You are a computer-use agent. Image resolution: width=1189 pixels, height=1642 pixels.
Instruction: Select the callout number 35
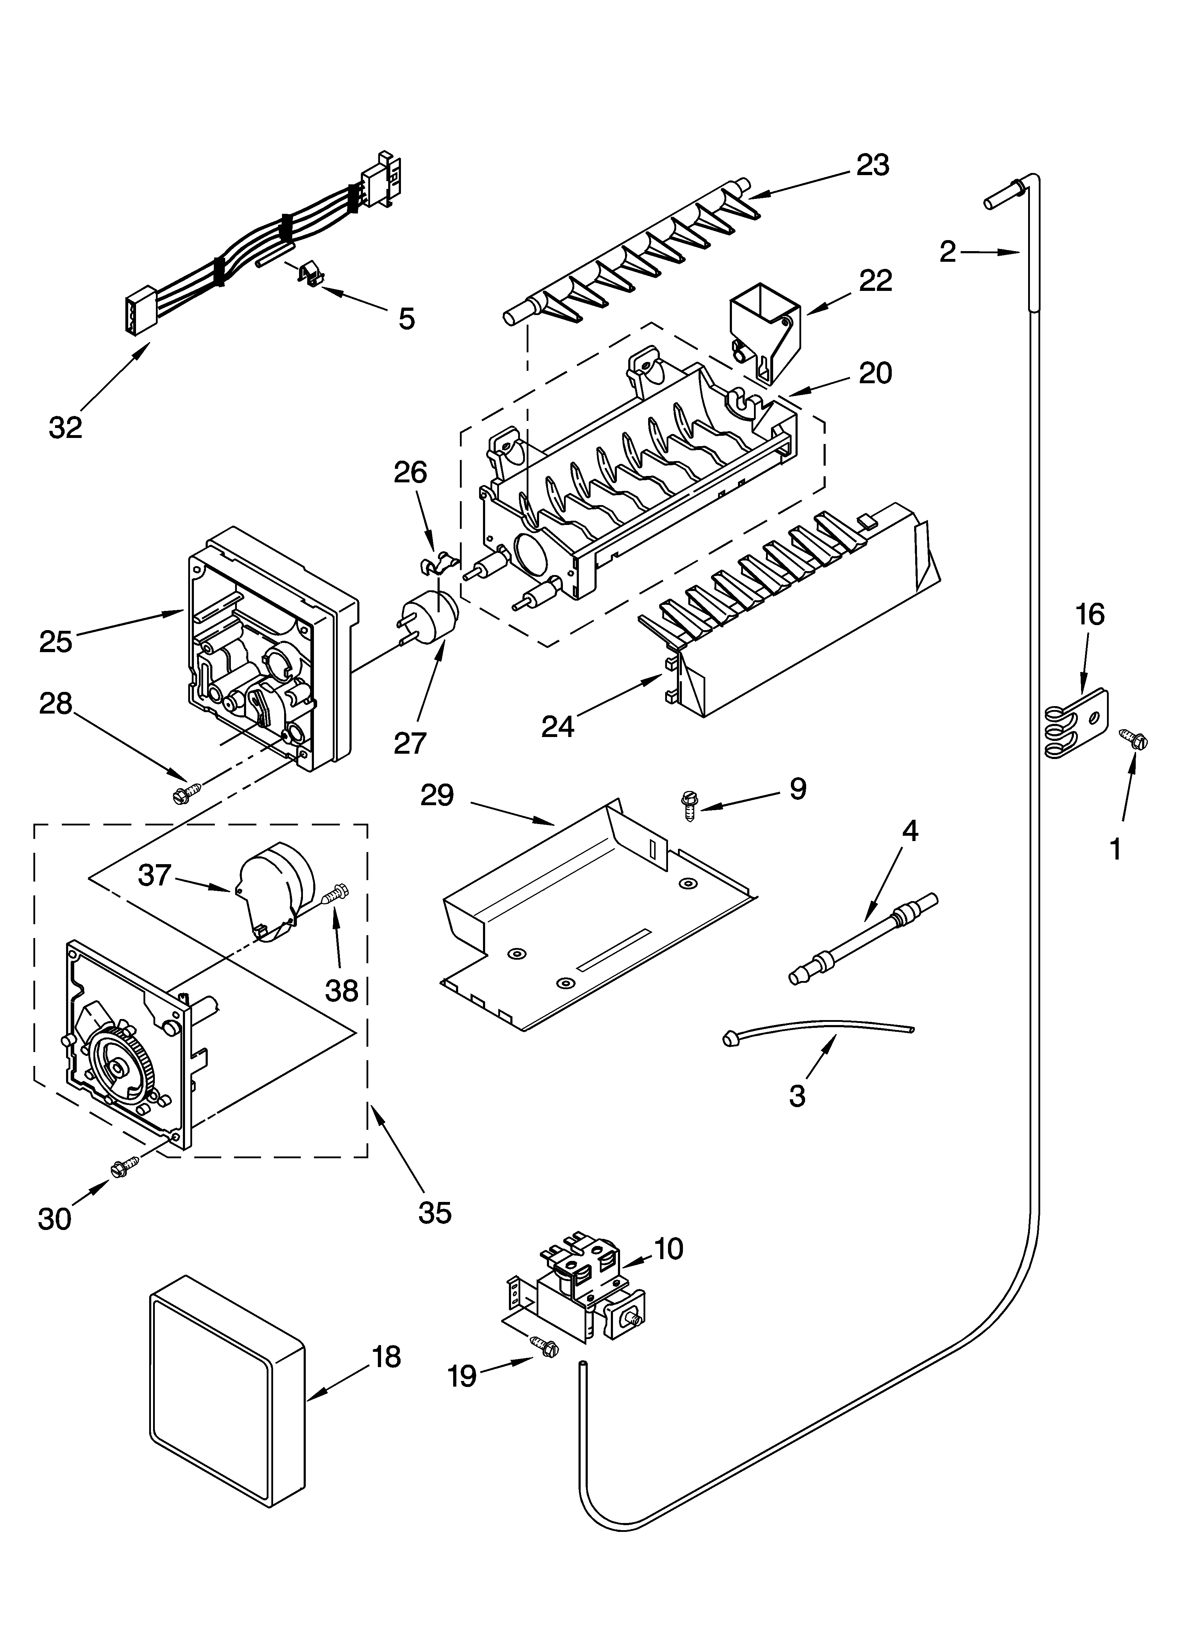[x=434, y=1212]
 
